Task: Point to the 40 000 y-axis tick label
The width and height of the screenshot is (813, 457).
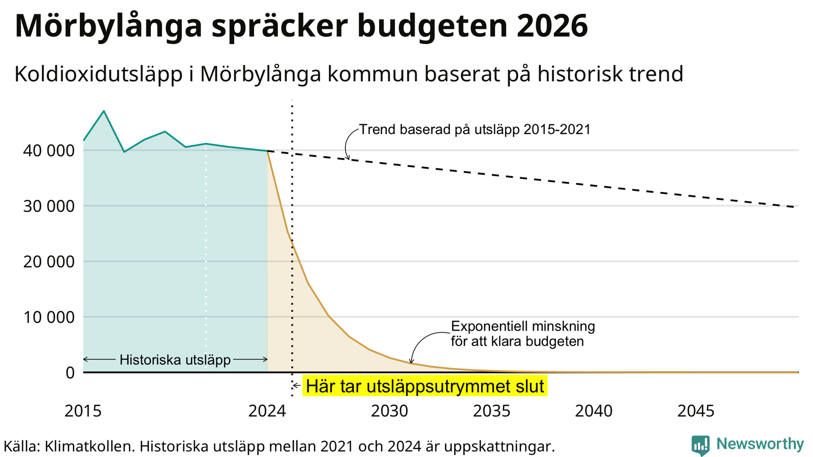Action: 49,151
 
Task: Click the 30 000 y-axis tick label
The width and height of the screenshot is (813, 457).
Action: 49,206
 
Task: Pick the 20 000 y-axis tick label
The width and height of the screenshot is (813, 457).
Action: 49,262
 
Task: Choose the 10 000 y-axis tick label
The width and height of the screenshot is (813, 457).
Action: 49,317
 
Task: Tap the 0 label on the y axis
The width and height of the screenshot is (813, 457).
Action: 70,373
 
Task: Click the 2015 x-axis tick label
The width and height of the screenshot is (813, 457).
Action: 83,411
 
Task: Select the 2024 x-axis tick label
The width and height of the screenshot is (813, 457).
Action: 267,411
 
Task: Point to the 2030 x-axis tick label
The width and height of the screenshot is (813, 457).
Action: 390,411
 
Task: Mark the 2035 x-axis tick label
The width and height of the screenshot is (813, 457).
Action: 492,411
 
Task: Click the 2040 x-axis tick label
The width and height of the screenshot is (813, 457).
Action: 594,411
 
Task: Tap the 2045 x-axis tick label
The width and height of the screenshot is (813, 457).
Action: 696,411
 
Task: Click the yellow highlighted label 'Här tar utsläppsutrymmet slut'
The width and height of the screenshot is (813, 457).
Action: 425,386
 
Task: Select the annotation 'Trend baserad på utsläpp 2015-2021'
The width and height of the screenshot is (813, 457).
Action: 475,129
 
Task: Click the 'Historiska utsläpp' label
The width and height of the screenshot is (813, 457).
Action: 175,360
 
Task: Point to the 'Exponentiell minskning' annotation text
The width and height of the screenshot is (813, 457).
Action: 523,326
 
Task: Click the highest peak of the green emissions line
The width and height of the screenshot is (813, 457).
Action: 104,111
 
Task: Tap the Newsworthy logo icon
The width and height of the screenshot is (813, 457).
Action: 700,445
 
